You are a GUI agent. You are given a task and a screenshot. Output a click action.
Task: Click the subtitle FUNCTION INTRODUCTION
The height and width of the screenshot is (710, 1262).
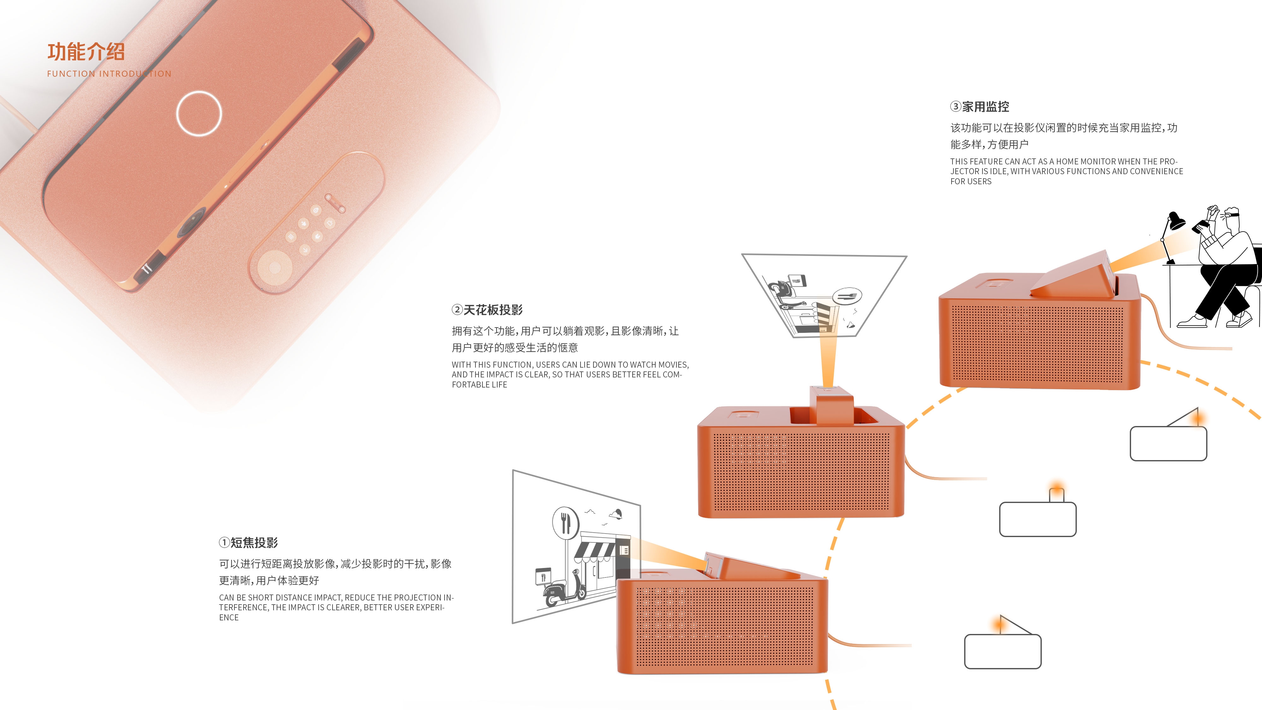pos(109,74)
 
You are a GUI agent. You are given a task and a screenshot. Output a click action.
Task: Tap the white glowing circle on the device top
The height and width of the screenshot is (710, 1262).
pos(199,113)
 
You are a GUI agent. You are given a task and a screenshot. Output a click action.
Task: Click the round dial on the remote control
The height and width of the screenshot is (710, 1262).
pos(274,268)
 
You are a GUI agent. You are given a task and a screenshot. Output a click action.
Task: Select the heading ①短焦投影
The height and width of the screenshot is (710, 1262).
pos(249,542)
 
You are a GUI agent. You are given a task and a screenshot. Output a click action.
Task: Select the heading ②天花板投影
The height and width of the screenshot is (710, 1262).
pos(487,310)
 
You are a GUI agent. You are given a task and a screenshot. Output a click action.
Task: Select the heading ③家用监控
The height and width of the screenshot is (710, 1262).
pos(980,106)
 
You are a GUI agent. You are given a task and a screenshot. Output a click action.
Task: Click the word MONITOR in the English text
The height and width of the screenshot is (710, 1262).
pos(1097,161)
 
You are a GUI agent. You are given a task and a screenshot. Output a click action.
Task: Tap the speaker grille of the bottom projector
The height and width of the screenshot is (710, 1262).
pos(725,627)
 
